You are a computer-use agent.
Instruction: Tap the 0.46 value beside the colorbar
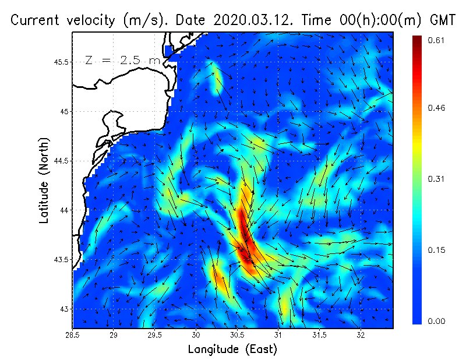[x=437, y=108]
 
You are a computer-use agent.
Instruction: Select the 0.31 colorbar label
[x=437, y=179]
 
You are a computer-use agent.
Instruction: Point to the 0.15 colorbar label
[x=437, y=250]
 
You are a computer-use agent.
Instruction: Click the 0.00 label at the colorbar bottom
[x=437, y=321]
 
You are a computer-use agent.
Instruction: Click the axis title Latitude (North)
[x=44, y=181]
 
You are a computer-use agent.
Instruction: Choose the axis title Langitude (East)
[x=232, y=350]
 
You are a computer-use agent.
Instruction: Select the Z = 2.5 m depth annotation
[x=122, y=60]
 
